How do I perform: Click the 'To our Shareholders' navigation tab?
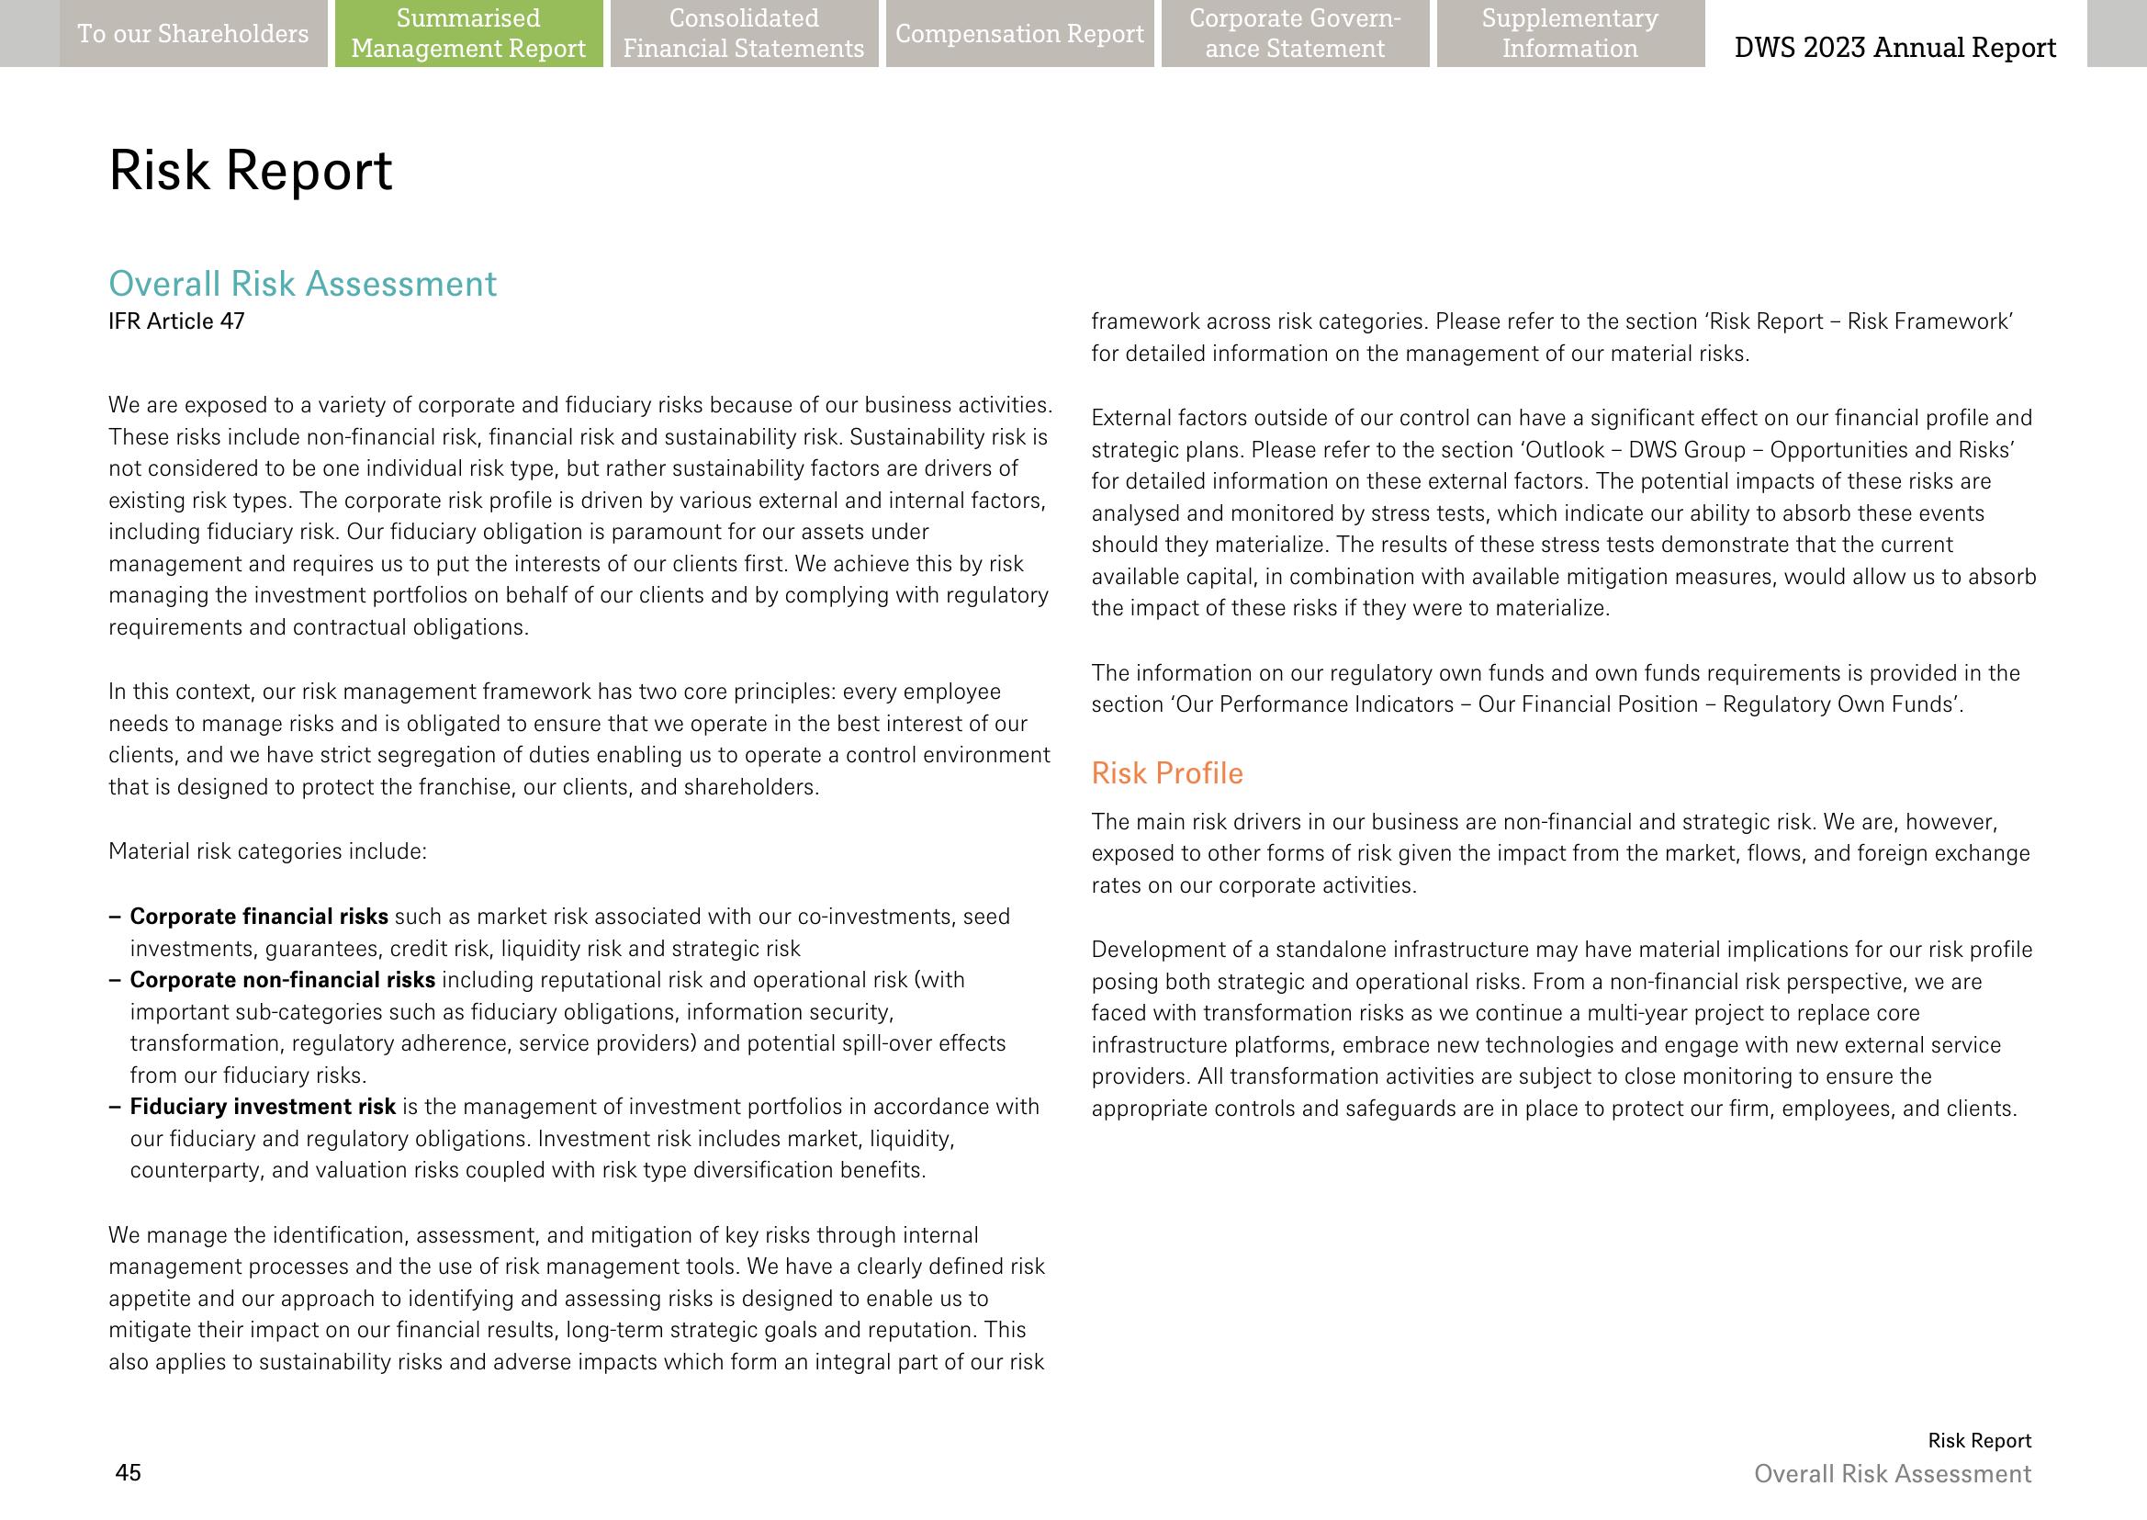(193, 34)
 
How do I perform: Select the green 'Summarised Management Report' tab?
(468, 34)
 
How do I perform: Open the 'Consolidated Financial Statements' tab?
(744, 34)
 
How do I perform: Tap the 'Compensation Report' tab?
(1019, 34)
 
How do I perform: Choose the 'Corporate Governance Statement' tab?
(1295, 34)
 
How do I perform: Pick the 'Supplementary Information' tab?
(1569, 34)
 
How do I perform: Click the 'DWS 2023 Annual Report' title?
(1894, 47)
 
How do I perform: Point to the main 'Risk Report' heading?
(250, 170)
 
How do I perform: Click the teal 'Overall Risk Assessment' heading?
(302, 284)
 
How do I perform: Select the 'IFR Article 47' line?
(176, 322)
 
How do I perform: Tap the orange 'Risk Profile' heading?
(1167, 773)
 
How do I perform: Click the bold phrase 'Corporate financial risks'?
(258, 917)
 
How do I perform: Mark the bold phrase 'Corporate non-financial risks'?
(282, 980)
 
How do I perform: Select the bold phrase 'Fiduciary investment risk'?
(262, 1107)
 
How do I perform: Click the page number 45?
(129, 1472)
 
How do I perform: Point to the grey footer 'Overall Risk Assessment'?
(1893, 1473)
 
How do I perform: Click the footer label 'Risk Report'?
(1979, 1440)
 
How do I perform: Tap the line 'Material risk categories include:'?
(267, 851)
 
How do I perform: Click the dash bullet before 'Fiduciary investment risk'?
(114, 1107)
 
